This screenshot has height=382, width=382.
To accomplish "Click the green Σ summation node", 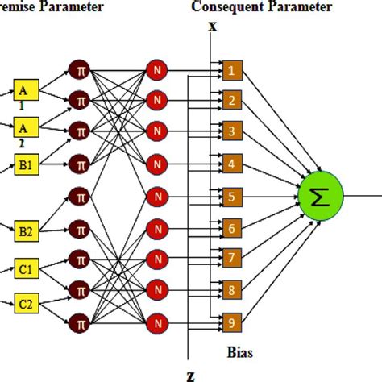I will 321,195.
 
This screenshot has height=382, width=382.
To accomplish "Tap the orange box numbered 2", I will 231,101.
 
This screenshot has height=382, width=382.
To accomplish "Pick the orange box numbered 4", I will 231,164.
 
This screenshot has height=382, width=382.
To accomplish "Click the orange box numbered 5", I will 231,196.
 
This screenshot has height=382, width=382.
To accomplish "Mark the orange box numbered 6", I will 231,228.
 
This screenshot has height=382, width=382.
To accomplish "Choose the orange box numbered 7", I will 231,258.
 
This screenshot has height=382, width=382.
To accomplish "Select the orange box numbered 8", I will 231,289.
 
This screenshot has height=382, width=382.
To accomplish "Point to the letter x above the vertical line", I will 212,26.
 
